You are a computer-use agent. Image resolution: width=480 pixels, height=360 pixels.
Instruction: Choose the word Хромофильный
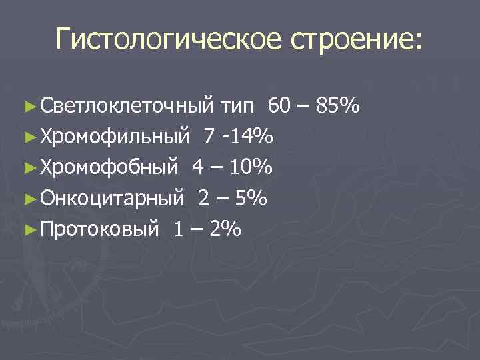[x=114, y=137]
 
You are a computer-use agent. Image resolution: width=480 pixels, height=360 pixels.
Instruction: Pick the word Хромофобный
[x=109, y=168]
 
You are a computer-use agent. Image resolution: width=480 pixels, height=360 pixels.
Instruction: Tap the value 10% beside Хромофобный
[x=251, y=168]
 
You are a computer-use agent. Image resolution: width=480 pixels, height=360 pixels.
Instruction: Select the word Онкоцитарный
[x=111, y=199]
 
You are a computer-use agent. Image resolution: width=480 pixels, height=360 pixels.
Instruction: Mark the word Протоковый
[x=99, y=230]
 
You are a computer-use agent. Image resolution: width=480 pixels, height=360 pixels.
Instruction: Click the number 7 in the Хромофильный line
[x=210, y=137]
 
